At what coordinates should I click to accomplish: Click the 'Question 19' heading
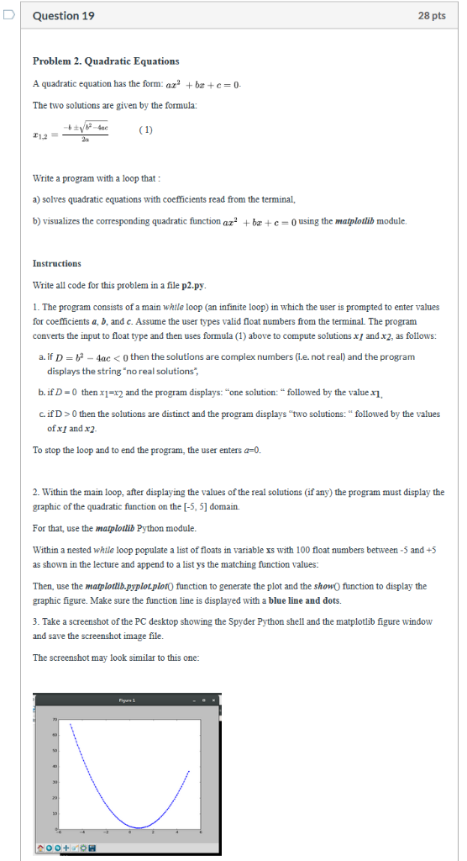point(63,16)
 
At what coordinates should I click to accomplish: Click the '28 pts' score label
point(430,16)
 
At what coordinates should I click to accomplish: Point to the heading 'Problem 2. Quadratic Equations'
point(106,61)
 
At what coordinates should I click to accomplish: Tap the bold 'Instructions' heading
point(57,264)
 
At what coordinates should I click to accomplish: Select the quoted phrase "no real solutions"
point(182,369)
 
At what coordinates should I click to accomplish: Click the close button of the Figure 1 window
point(213,700)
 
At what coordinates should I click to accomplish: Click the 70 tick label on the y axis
point(55,721)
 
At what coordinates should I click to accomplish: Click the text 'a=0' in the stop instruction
point(250,450)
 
